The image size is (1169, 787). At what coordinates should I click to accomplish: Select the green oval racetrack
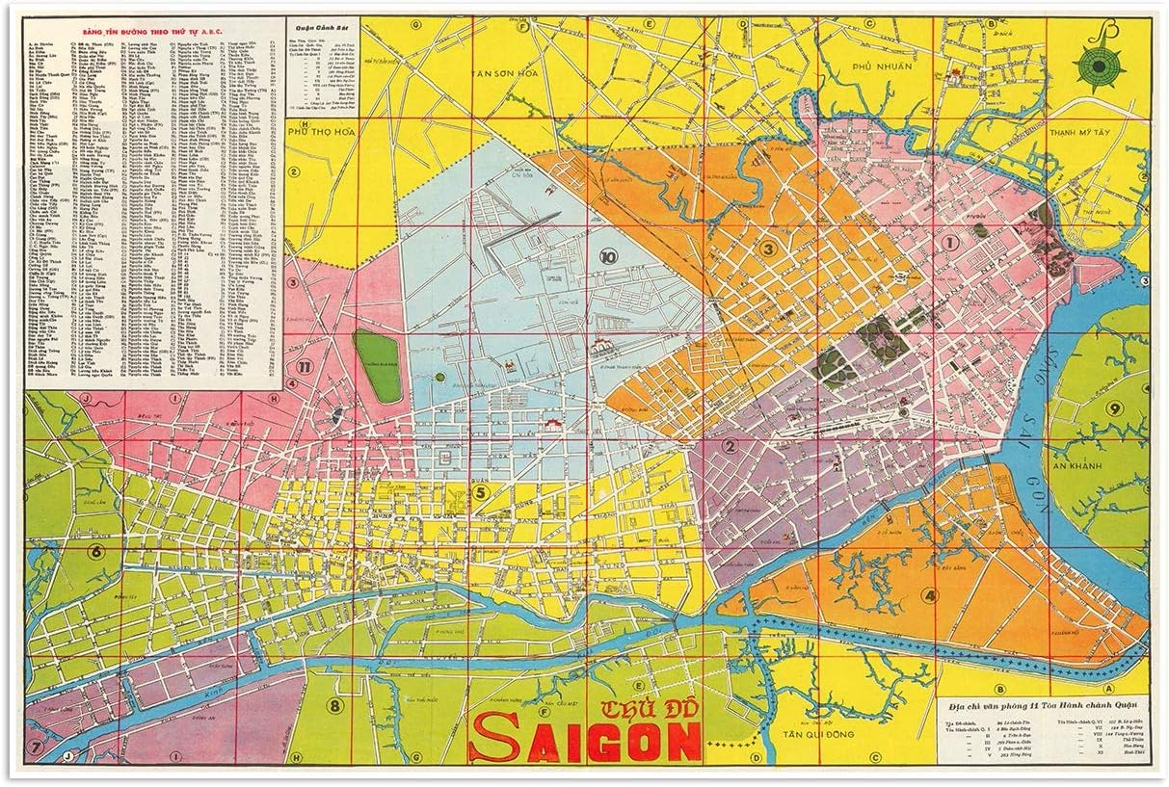coord(378,366)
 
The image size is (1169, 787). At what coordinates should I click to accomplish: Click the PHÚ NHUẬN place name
coord(887,66)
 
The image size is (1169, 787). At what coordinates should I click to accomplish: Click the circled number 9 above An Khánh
coord(1114,407)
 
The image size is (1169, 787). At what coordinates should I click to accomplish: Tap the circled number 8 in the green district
coord(334,705)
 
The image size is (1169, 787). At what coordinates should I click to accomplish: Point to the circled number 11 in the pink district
coord(303,366)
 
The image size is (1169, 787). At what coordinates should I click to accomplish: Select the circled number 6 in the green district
coord(95,552)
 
